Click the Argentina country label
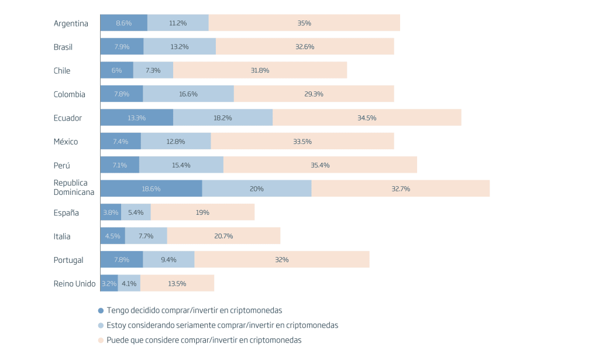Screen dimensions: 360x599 tap(71, 23)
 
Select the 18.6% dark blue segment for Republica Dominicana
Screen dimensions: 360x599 tap(151, 189)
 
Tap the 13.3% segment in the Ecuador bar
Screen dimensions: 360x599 tap(136, 118)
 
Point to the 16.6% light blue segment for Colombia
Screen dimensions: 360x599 tap(188, 94)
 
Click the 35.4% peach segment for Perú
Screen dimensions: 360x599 tap(320, 165)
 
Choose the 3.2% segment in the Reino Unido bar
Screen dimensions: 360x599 tap(109, 284)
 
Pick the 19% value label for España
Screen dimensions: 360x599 tap(202, 212)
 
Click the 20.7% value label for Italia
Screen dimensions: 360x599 tap(223, 236)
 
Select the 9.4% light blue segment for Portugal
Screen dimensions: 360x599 tap(168, 260)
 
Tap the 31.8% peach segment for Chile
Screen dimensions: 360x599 tap(260, 70)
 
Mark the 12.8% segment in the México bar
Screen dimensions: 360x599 tap(175, 142)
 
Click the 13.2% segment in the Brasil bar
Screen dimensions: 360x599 tap(180, 47)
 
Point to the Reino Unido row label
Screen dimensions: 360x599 tap(74, 284)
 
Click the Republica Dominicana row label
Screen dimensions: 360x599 tap(74, 187)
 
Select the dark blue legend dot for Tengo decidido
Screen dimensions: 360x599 tap(101, 311)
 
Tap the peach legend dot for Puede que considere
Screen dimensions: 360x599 tap(101, 340)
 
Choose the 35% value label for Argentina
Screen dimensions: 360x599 tap(304, 23)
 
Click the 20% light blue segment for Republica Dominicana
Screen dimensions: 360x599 tap(256, 189)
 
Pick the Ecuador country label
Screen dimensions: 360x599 tap(68, 118)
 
